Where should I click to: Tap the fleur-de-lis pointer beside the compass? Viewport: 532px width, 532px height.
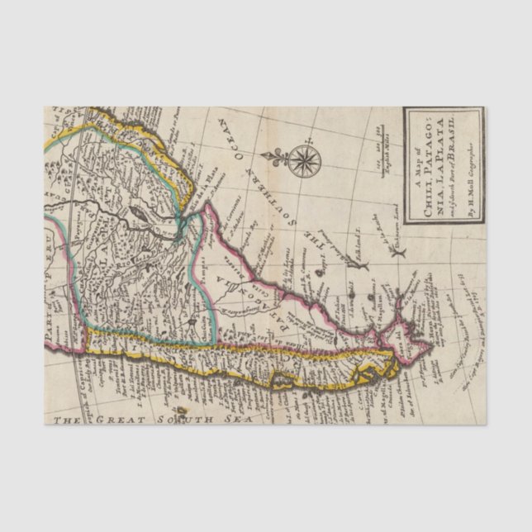(x=277, y=155)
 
